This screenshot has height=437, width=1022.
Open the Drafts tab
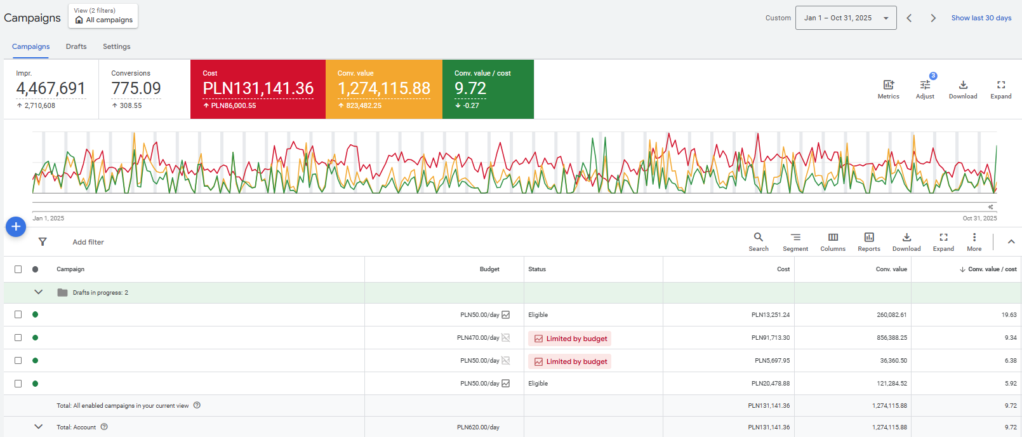point(76,46)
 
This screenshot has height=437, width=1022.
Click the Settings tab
point(116,46)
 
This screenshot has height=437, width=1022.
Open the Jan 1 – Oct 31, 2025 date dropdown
point(846,18)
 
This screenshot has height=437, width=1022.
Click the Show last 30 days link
point(981,18)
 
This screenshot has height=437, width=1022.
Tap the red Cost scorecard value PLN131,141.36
point(258,88)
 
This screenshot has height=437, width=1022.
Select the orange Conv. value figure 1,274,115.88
point(383,88)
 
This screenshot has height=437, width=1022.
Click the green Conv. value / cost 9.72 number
point(470,88)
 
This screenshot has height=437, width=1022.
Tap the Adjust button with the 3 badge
point(926,89)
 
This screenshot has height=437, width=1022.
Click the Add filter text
point(88,242)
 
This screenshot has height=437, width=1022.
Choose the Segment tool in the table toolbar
point(795,243)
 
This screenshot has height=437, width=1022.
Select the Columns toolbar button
point(833,243)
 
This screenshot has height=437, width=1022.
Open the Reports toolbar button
point(868,243)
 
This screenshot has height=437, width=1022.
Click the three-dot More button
point(974,243)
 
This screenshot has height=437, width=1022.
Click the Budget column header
point(489,269)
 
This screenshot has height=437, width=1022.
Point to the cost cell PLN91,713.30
point(771,338)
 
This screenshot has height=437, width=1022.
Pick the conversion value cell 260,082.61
point(891,315)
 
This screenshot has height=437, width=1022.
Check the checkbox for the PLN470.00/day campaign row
point(18,338)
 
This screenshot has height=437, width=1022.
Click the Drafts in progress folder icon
point(62,293)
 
